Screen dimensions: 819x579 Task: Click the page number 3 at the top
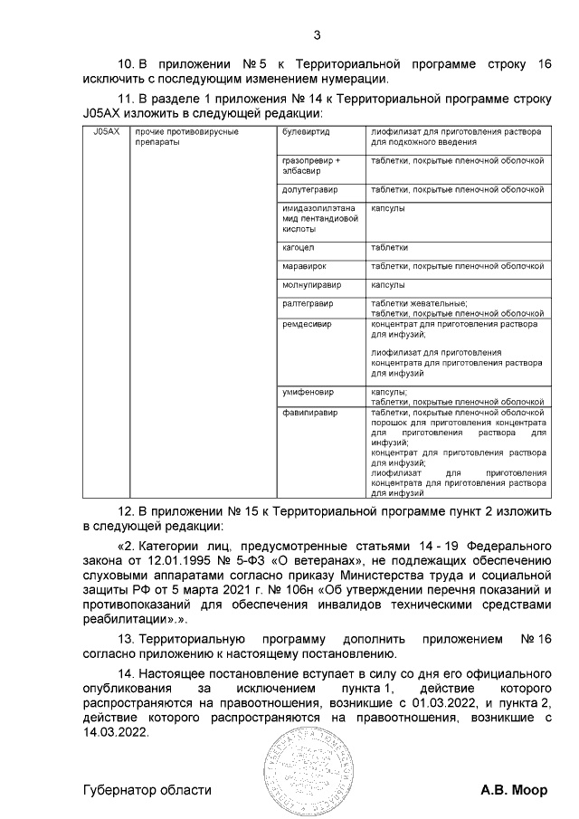[x=317, y=35]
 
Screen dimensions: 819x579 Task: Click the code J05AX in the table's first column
[x=106, y=132]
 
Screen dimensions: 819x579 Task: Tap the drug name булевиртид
[x=306, y=132]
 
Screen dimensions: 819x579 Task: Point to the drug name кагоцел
[x=299, y=247]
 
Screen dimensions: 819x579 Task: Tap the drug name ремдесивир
[x=307, y=323]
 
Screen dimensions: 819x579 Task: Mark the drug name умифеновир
[x=308, y=393]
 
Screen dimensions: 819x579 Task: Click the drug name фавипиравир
[x=309, y=413]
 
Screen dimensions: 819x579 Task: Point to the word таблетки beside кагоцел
[x=389, y=247]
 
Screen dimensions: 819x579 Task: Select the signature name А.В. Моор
[x=513, y=790]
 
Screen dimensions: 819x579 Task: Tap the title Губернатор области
[x=147, y=790]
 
